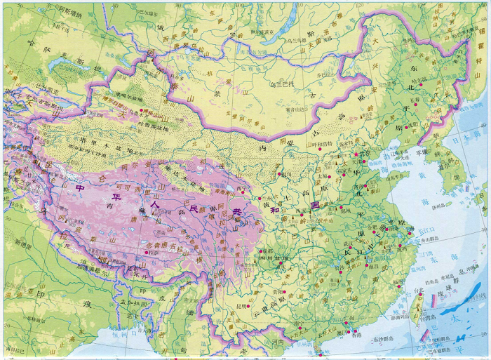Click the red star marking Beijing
356,154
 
